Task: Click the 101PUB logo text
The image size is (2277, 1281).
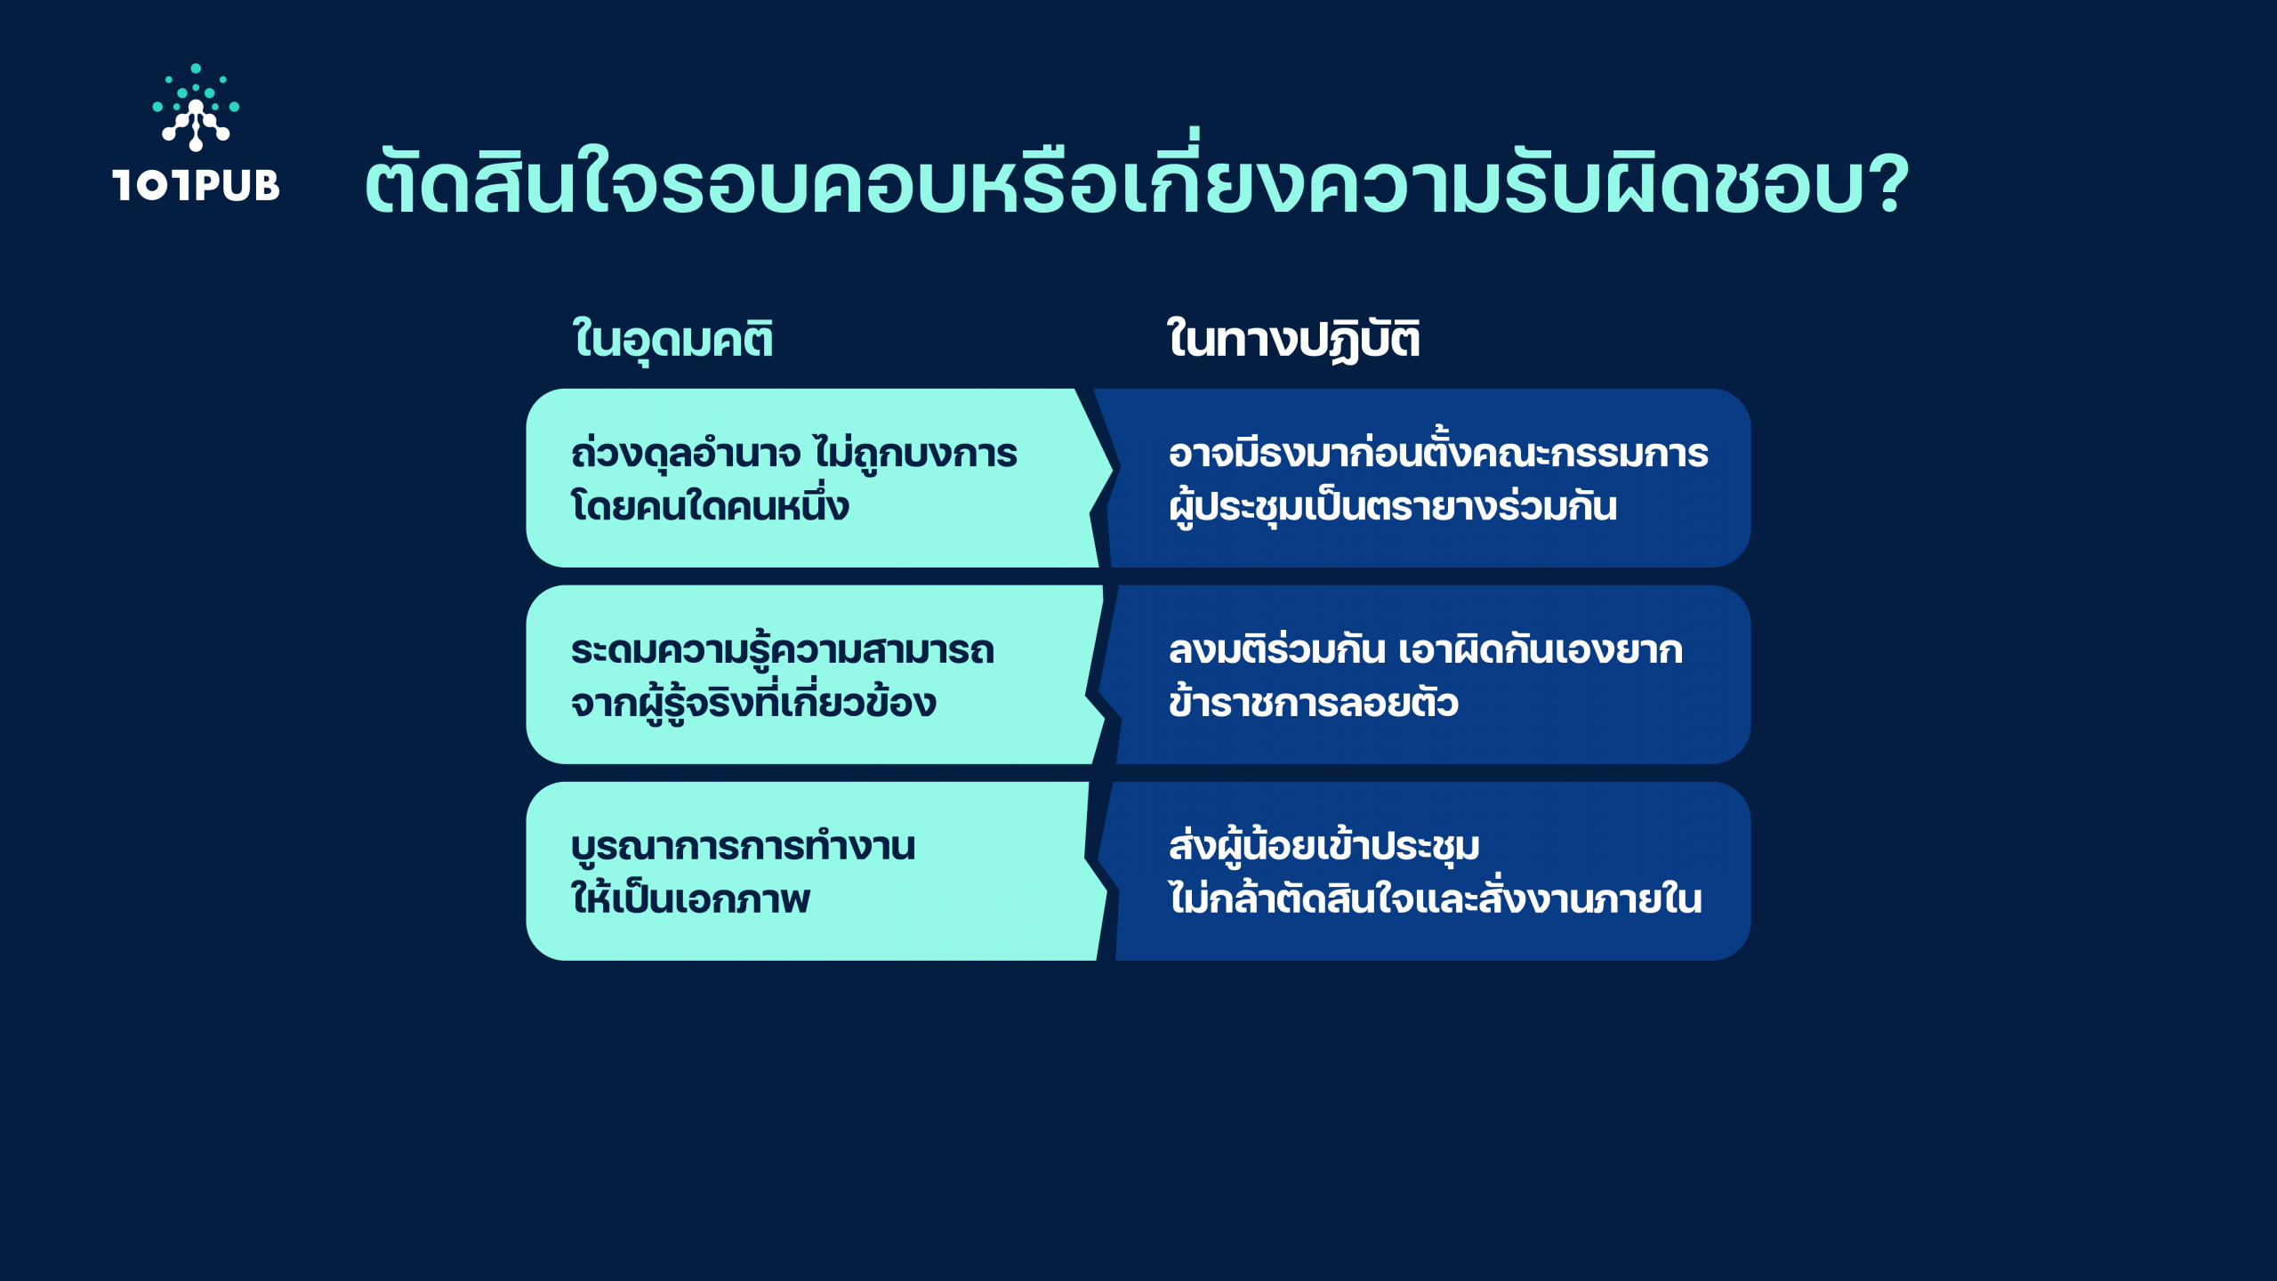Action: point(196,185)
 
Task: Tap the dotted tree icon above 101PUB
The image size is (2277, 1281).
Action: point(196,107)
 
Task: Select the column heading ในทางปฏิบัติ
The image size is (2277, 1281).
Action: point(1293,338)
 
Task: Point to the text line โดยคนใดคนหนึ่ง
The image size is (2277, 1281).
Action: point(710,504)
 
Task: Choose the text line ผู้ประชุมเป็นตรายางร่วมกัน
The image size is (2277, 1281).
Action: point(1393,505)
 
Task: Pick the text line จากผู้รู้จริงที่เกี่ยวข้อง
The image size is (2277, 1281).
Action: point(753,700)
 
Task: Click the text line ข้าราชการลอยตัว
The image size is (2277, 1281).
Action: point(1314,700)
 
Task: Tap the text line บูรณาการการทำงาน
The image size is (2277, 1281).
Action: point(743,846)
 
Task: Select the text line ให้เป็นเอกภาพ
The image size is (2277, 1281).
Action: point(690,897)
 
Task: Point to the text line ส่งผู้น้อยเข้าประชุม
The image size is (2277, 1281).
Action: point(1324,846)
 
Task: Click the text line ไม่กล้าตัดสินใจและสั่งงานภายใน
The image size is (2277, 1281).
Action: point(1436,897)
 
